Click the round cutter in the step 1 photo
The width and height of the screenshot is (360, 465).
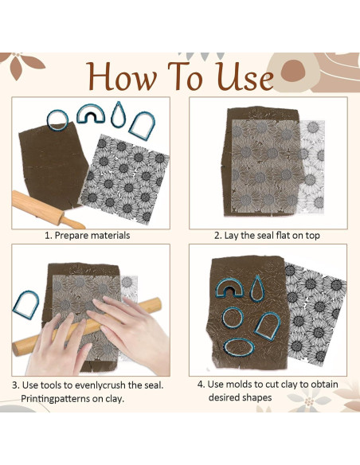pyautogui.click(x=57, y=119)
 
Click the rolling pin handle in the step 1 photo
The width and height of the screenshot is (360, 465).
pyautogui.click(x=72, y=222)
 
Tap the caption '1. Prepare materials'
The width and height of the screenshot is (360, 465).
pyautogui.click(x=87, y=236)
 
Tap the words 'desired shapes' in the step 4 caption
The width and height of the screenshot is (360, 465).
pyautogui.click(x=240, y=397)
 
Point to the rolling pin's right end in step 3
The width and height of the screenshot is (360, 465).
pyautogui.click(x=159, y=303)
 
